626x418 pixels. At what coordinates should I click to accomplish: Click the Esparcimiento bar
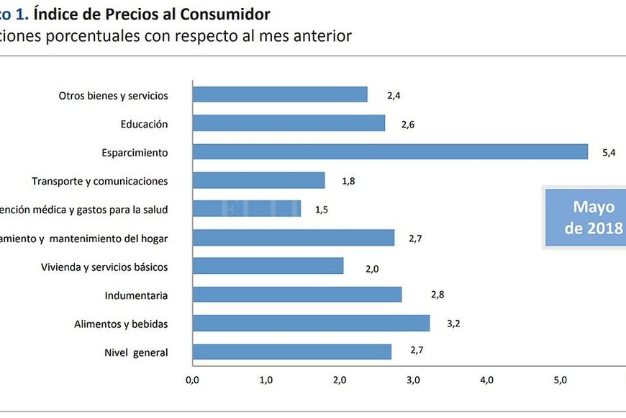pyautogui.click(x=390, y=152)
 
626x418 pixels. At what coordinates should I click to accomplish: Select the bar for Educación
pyautogui.click(x=289, y=123)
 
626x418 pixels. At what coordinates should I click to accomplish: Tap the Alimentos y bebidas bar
pyautogui.click(x=311, y=324)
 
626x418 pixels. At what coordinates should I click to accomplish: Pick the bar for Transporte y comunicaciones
pyautogui.click(x=259, y=181)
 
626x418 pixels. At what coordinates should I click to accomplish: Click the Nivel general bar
pyautogui.click(x=292, y=352)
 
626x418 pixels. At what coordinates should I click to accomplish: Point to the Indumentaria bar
pyautogui.click(x=297, y=295)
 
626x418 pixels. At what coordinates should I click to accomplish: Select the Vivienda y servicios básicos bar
pyautogui.click(x=268, y=267)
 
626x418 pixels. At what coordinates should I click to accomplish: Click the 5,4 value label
pyautogui.click(x=609, y=153)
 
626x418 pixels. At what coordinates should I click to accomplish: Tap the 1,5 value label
pyautogui.click(x=321, y=210)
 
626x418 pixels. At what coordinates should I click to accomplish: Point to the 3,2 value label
pyautogui.click(x=453, y=324)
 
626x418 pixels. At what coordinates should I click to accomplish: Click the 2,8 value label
pyautogui.click(x=437, y=295)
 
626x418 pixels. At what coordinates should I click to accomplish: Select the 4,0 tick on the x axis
pyautogui.click(x=486, y=380)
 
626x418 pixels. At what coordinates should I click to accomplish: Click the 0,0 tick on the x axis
pyautogui.click(x=192, y=380)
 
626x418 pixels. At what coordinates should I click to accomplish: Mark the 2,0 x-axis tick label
pyautogui.click(x=340, y=380)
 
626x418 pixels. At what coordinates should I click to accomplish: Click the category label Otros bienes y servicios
pyautogui.click(x=113, y=95)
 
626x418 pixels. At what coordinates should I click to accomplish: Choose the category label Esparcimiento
pyautogui.click(x=135, y=153)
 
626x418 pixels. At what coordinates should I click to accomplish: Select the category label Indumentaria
pyautogui.click(x=136, y=295)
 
